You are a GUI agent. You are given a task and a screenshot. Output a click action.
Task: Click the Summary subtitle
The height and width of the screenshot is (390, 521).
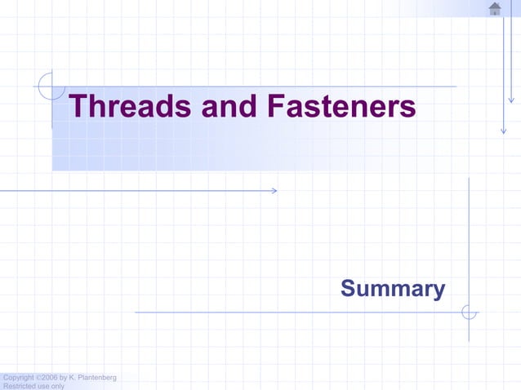(393, 289)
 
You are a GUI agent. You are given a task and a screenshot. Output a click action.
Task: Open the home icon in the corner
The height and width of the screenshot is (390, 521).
(495, 9)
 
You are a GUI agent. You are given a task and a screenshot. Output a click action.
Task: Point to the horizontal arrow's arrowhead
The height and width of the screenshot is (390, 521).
(274, 191)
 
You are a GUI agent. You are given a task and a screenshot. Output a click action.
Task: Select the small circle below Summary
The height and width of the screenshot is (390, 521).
(469, 312)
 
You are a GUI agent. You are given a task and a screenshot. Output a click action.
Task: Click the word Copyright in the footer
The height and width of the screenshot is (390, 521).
(18, 377)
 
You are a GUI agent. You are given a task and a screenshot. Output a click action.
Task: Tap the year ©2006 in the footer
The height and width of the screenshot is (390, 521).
(47, 377)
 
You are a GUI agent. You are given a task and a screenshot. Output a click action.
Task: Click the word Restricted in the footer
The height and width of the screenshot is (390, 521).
(18, 386)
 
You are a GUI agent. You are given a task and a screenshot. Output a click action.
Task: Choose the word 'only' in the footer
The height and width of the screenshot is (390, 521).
(56, 386)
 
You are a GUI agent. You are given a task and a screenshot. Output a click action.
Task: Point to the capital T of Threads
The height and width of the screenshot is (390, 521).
(78, 107)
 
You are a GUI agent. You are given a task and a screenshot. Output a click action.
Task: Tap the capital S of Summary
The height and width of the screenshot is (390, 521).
(347, 289)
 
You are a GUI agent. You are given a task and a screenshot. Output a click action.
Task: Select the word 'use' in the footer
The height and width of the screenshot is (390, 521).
(41, 386)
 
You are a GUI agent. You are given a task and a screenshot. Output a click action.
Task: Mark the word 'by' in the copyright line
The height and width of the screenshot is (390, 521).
(65, 377)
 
